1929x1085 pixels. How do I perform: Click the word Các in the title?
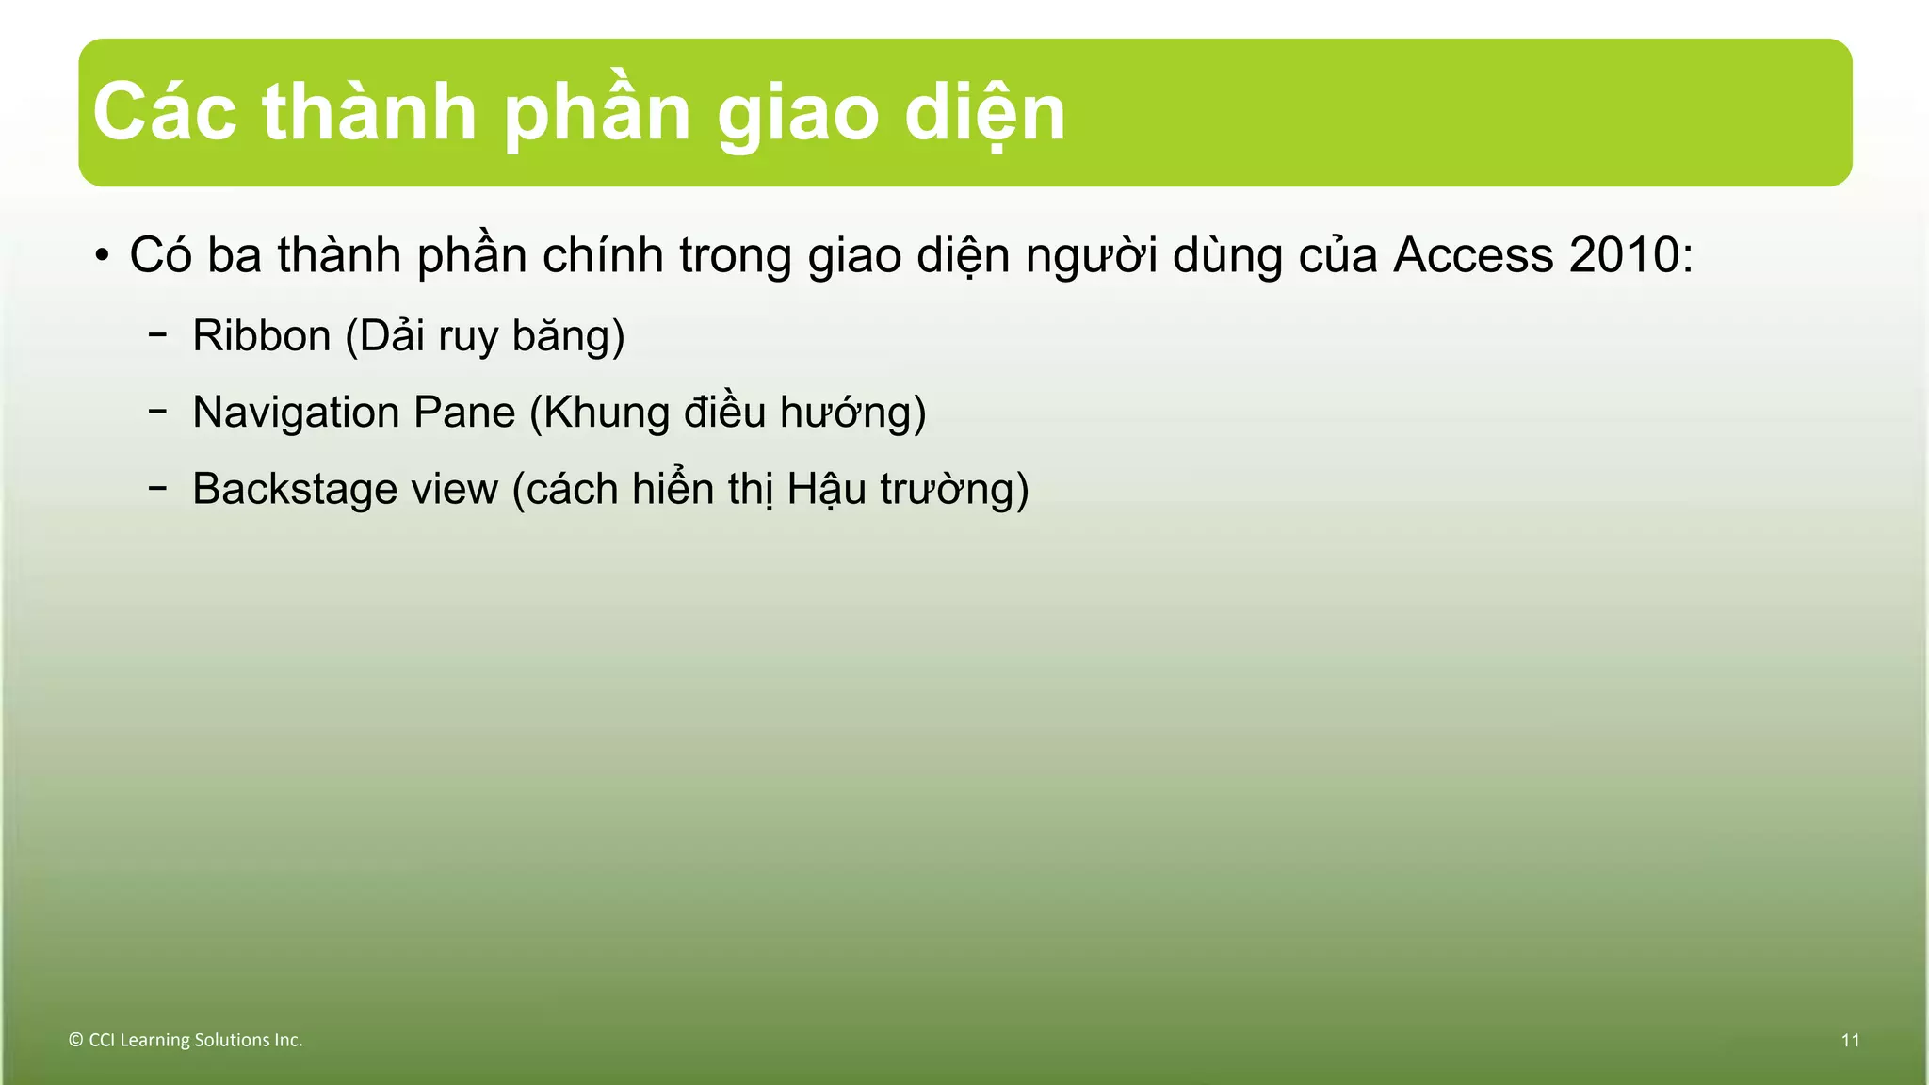click(165, 113)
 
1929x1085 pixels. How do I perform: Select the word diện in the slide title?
click(985, 113)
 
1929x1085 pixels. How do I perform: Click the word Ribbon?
click(261, 336)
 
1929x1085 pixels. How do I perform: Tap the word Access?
click(1472, 255)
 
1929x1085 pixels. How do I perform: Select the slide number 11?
click(1850, 1040)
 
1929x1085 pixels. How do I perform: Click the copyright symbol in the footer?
click(76, 1040)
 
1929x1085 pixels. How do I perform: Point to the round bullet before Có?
click(102, 256)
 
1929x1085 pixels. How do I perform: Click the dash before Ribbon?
click(158, 334)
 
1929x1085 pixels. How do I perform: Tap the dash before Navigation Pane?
click(158, 411)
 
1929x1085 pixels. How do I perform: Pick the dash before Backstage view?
click(158, 487)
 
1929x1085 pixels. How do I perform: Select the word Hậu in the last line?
click(825, 489)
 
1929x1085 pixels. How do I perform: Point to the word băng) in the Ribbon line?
click(568, 336)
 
